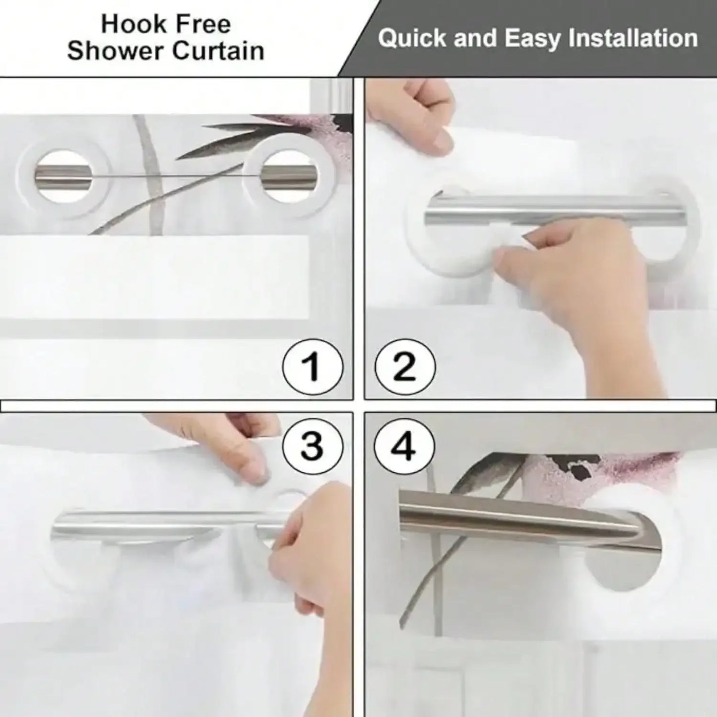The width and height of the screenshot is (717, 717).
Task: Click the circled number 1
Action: point(313,368)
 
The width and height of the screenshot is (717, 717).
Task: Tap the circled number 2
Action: point(405,368)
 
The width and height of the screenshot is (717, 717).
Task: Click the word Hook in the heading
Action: point(133,24)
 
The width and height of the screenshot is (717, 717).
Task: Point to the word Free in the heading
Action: point(203,24)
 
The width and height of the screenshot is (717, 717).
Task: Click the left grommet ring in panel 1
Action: point(63,175)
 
